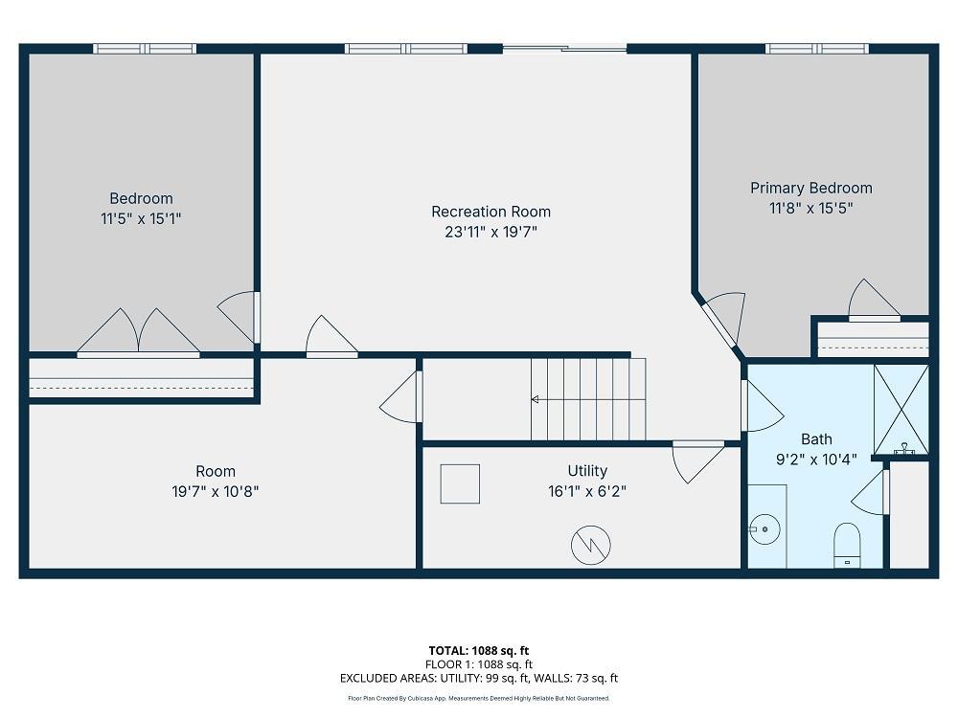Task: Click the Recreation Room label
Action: [x=490, y=212]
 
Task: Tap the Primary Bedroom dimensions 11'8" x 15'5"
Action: [x=810, y=208]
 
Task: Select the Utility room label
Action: [x=587, y=471]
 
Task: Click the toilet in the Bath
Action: [x=847, y=546]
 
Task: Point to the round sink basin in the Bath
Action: [x=764, y=529]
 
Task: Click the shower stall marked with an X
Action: [x=901, y=410]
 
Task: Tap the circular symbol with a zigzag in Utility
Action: [x=591, y=545]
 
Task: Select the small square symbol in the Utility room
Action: [x=460, y=483]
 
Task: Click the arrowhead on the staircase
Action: [x=535, y=399]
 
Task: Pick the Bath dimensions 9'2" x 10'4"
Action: [x=816, y=460]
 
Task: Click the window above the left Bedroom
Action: [x=145, y=48]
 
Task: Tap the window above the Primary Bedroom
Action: [x=817, y=48]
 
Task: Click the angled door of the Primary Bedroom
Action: [x=721, y=324]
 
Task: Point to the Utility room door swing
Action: [x=697, y=461]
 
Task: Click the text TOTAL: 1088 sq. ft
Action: [x=478, y=651]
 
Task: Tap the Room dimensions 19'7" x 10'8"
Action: [x=215, y=491]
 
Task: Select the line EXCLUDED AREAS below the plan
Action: [x=479, y=678]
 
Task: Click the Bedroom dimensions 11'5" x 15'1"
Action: [x=141, y=218]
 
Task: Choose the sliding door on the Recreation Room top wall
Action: [x=565, y=48]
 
